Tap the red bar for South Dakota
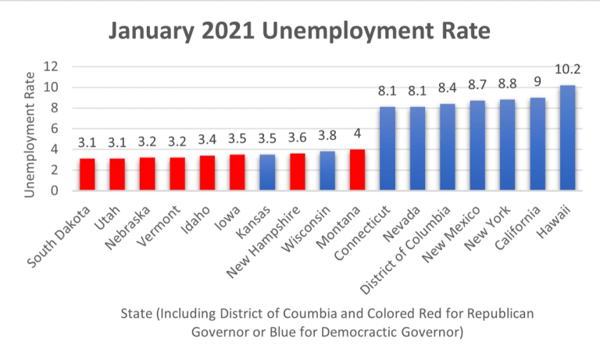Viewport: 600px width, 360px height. (87, 174)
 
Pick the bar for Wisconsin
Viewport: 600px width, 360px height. (328, 171)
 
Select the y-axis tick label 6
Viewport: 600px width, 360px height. (55, 128)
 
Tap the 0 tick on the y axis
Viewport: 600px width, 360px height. (55, 190)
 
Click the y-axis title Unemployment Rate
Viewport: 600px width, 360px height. (30, 129)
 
